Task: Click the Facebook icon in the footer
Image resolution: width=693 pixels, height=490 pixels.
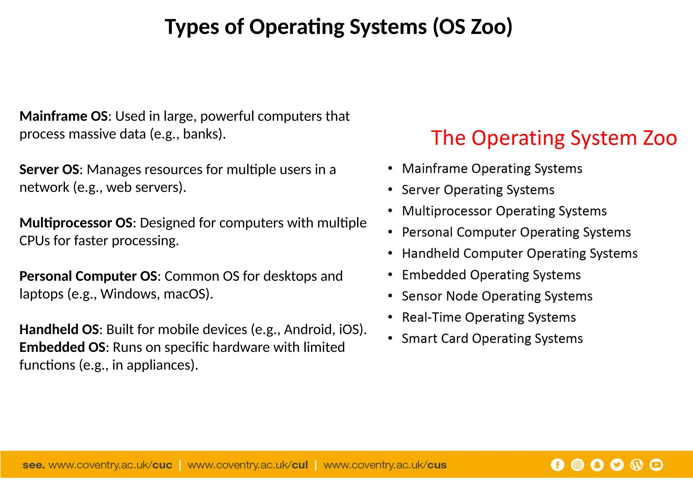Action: pos(557,465)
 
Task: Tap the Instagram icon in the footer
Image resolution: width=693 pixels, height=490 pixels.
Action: pos(577,465)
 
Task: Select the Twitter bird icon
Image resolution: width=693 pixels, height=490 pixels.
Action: pos(617,465)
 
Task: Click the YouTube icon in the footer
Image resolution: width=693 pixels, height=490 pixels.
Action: pos(656,465)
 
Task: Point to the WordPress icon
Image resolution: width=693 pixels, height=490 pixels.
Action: pos(636,465)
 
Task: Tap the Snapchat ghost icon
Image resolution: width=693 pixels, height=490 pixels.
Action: pos(597,465)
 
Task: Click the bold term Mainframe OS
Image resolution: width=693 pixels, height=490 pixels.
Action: pos(64,116)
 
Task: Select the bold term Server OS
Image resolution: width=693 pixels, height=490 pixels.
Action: pos(49,170)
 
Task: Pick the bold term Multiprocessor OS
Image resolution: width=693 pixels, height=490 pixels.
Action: pos(76,223)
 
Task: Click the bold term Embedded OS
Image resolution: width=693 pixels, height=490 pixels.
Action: pos(62,347)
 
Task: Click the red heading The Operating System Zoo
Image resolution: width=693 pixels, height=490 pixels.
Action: pos(554,138)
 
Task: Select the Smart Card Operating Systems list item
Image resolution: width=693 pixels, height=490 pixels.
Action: pos(492,339)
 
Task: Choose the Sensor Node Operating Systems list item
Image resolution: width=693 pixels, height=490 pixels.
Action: pos(497,296)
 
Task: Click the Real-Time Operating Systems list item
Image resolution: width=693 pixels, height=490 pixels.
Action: pos(489,317)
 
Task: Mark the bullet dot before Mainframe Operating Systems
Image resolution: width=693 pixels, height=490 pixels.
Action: pos(390,168)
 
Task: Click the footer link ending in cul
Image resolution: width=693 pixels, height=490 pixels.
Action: pos(248,465)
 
